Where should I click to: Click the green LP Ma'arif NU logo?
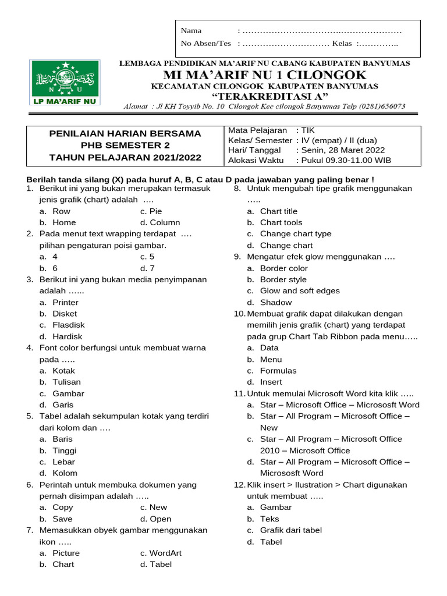pos(65,83)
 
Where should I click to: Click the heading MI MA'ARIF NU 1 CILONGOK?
pos(265,75)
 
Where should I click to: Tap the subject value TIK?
pos(307,131)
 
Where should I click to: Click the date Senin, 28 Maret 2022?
pos(343,150)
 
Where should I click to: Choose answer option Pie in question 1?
pos(155,211)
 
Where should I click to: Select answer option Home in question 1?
pos(64,222)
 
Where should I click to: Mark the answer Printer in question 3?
pos(65,303)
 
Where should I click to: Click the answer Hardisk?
pos(67,336)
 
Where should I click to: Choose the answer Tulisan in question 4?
pos(66,382)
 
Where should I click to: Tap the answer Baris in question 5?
pos(62,439)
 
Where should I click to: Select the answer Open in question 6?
pos(160,519)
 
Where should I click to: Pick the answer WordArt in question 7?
pos(166,553)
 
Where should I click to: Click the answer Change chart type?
pos(295,234)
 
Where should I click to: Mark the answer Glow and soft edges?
pos(300,291)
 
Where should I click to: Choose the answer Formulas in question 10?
pos(278,371)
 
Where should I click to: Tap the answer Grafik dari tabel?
pos(290,530)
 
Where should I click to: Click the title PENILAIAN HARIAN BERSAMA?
pos(125,134)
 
